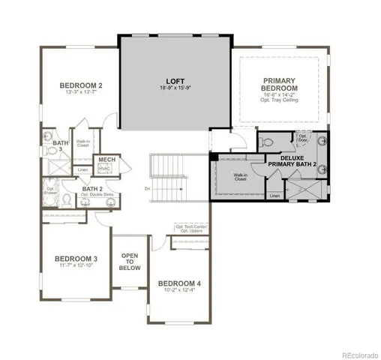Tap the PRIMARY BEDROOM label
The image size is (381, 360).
(280, 84)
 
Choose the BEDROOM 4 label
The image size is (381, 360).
(180, 283)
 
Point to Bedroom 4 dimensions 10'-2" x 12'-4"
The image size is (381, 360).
(180, 290)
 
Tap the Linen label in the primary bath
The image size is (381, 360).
(274, 196)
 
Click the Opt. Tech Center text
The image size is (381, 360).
(190, 226)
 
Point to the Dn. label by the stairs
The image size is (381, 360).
(148, 189)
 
